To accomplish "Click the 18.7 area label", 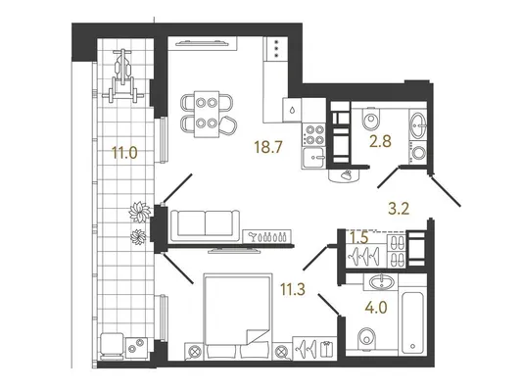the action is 267,147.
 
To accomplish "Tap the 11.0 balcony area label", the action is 124,153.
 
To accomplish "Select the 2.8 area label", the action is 380,141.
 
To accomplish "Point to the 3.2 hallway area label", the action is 399,209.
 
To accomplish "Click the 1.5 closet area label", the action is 358,238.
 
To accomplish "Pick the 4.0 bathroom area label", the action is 376,308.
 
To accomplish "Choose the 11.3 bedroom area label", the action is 293,289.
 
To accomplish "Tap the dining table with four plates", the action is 207,114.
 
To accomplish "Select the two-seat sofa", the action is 205,225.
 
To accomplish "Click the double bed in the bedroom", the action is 237,317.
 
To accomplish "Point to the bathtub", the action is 412,323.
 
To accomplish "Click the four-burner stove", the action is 313,134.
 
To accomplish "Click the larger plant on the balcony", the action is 139,212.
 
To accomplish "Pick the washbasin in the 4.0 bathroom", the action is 382,282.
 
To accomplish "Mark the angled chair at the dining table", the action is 227,125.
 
